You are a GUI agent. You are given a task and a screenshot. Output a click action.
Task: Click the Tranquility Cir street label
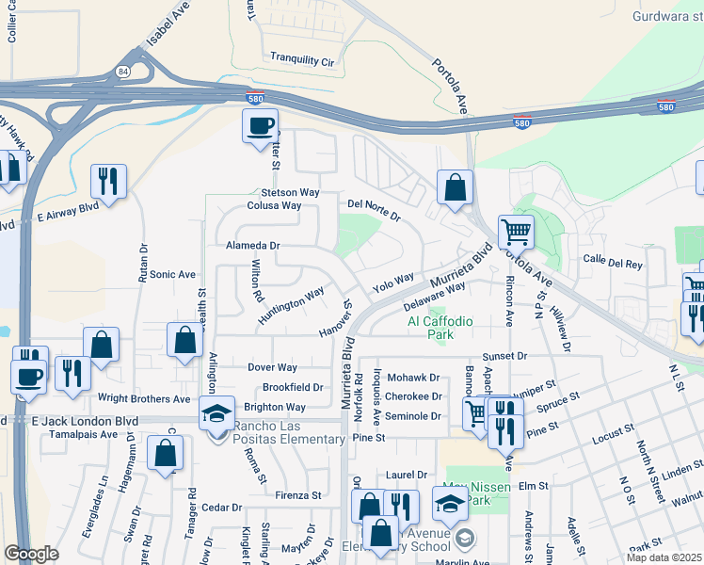[303, 60]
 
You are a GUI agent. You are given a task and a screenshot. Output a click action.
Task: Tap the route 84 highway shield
[123, 71]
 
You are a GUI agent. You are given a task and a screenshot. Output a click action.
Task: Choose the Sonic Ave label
[172, 275]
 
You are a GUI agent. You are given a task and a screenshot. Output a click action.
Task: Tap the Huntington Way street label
[292, 305]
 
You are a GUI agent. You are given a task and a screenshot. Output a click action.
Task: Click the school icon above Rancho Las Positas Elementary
[216, 412]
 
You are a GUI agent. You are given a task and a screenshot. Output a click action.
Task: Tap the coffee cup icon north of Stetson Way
[261, 125]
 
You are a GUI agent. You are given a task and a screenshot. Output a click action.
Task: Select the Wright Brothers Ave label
[130, 398]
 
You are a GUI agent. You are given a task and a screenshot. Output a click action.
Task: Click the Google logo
[31, 554]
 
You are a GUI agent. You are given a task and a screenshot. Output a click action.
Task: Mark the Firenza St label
[298, 494]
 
